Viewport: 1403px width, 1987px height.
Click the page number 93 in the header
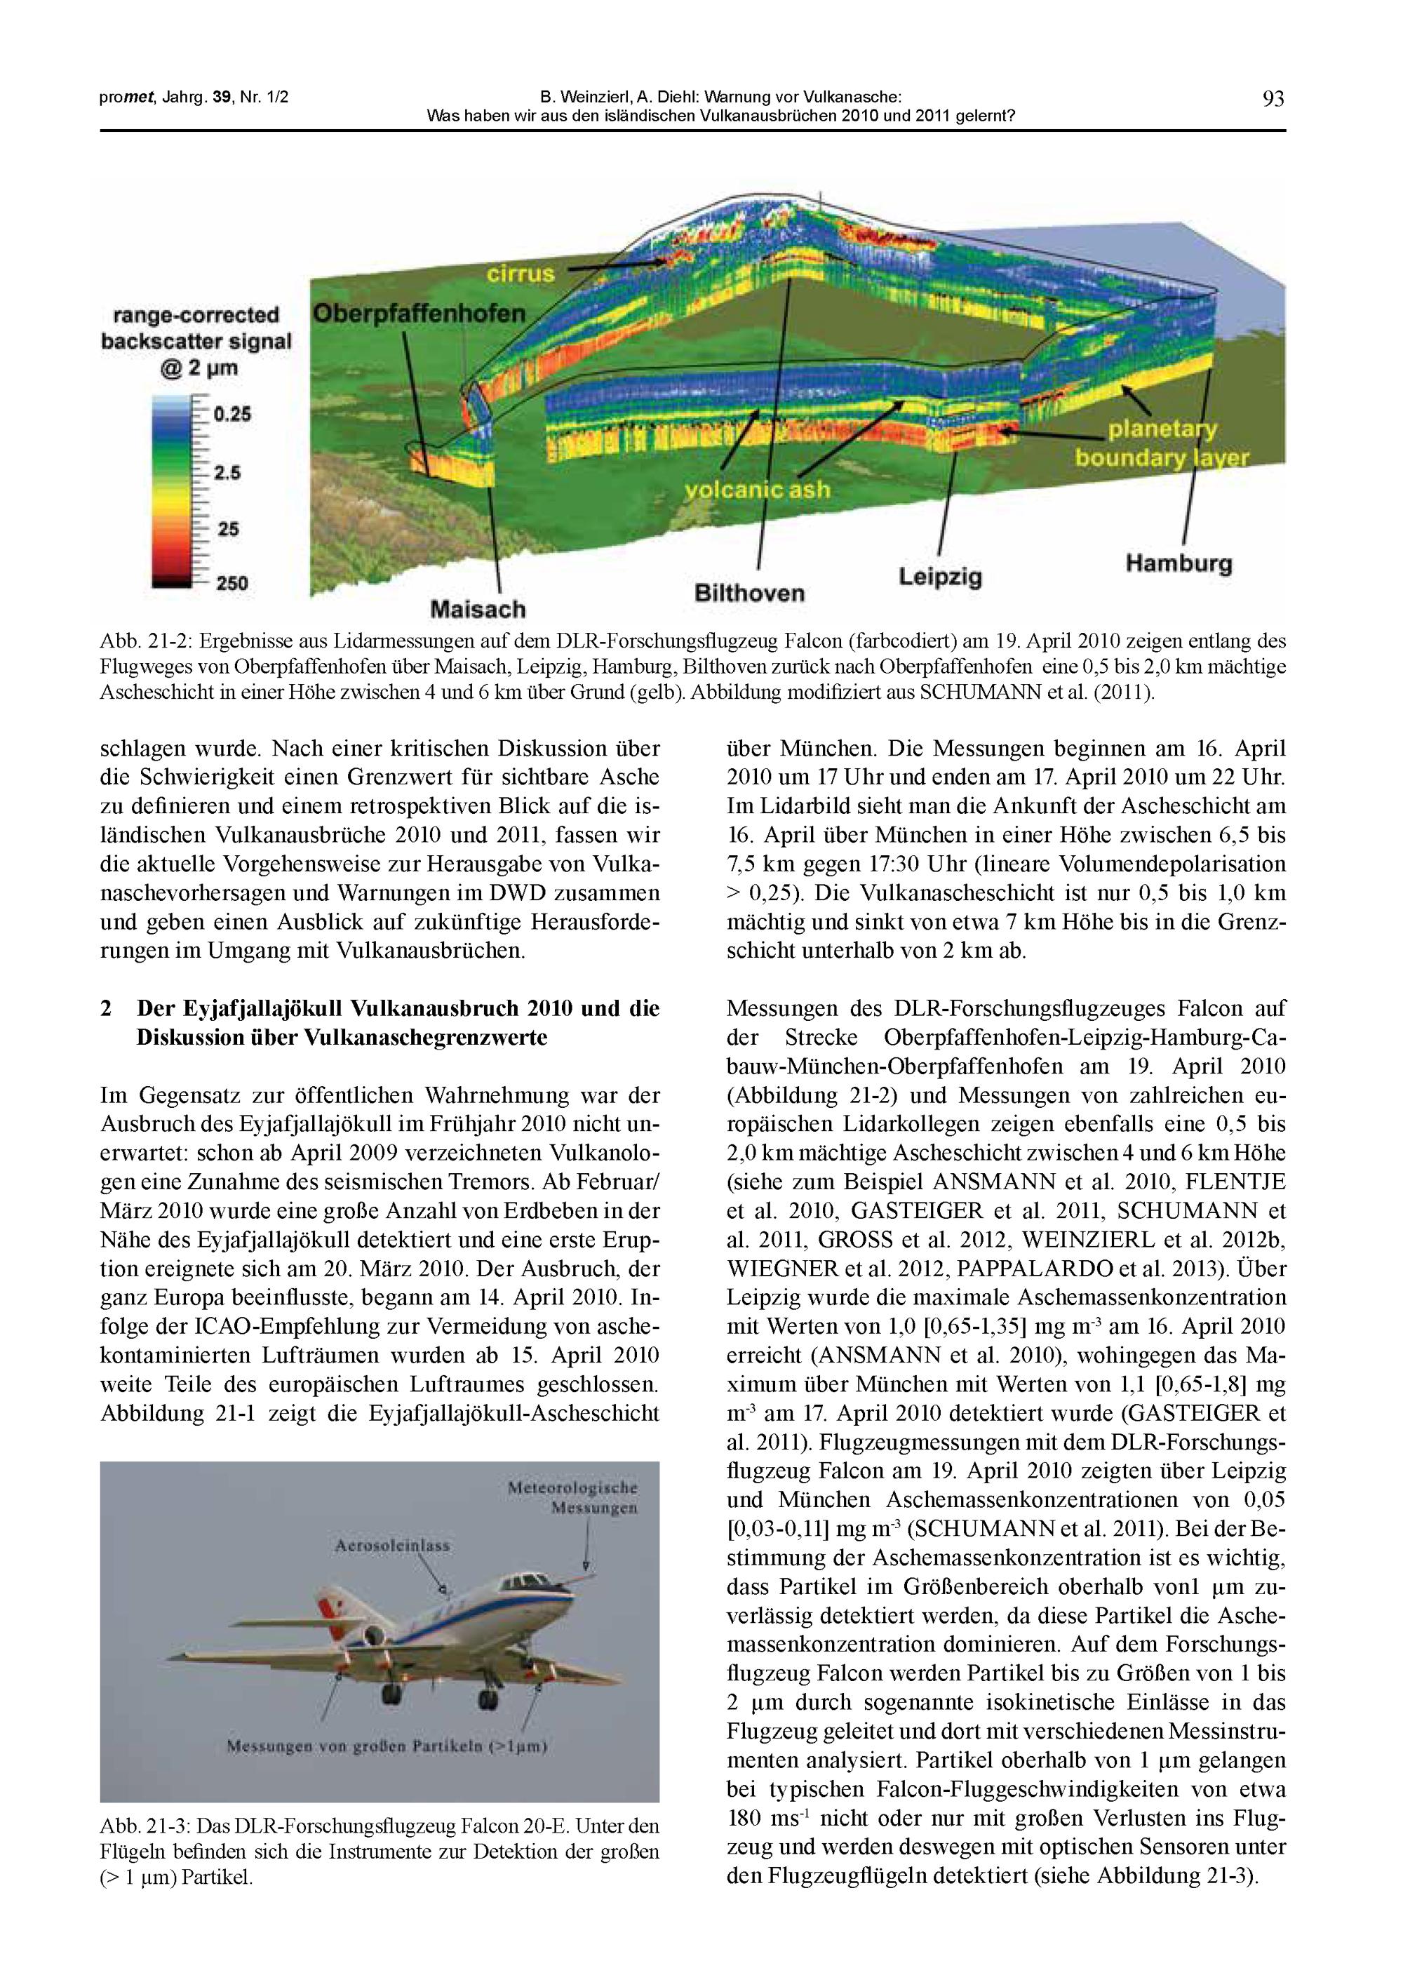tap(1273, 99)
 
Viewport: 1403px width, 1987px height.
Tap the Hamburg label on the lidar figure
tap(1178, 563)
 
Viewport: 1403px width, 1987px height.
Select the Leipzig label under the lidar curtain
tap(940, 576)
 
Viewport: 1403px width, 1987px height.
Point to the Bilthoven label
tap(749, 593)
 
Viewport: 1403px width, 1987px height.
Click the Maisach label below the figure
tap(478, 609)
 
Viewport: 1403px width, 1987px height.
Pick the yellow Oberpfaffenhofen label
tap(419, 314)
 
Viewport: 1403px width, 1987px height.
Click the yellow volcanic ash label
tap(758, 490)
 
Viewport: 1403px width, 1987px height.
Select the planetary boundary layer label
tap(1162, 444)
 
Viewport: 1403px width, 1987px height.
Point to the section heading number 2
tap(106, 1008)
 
